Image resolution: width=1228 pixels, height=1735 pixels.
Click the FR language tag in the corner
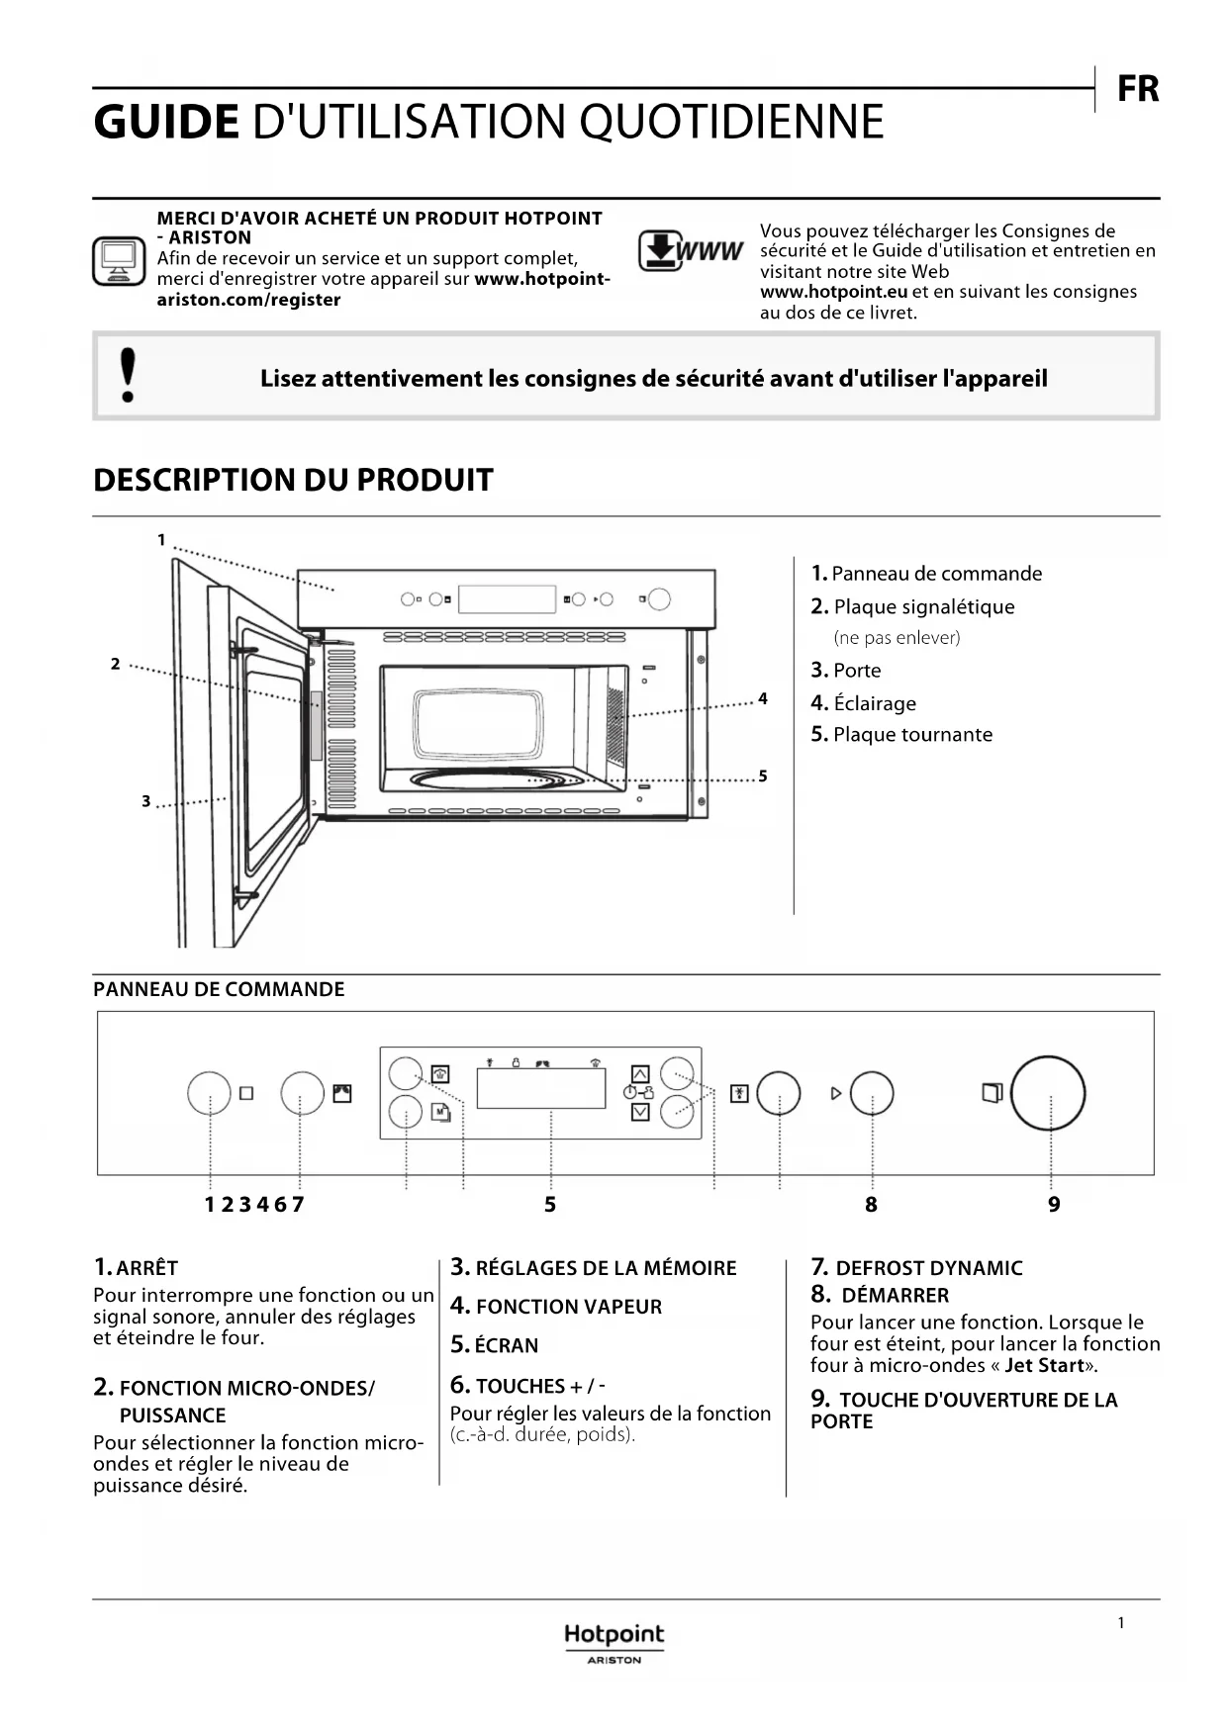coord(1137,90)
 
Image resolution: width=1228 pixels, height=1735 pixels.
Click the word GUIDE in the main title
coord(166,123)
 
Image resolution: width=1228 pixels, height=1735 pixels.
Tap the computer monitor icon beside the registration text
coord(119,261)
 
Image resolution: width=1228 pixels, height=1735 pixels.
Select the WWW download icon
coord(689,250)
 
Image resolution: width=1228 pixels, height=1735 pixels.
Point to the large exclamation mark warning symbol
coord(128,375)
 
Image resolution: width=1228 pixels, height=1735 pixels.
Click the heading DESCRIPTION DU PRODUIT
coord(293,480)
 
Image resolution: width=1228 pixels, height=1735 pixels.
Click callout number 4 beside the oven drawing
coord(763,699)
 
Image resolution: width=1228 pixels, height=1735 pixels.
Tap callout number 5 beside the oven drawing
coord(763,776)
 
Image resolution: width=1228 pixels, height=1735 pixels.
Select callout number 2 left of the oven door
coord(116,664)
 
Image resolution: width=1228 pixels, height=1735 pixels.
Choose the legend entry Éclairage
coord(875,703)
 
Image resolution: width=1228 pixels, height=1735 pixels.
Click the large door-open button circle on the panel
coord(1048,1093)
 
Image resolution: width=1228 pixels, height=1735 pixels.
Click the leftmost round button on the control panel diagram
coord(209,1093)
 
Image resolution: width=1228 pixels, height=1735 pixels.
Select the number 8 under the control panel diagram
coord(871,1205)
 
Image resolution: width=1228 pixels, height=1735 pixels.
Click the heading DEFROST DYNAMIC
coord(928,1268)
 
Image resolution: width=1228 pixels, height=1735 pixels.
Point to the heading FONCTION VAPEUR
coord(568,1307)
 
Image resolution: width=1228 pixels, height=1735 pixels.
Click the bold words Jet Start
coord(1044,1366)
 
